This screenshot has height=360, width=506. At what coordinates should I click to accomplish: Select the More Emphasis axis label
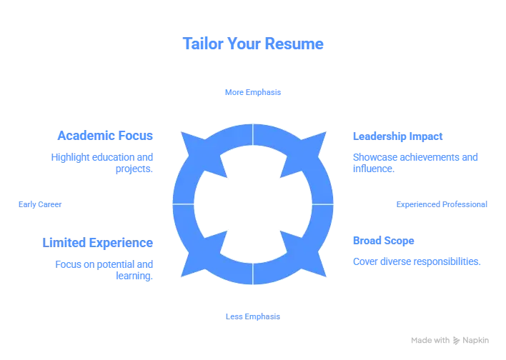(x=254, y=92)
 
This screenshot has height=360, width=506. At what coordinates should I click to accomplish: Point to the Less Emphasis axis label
(x=252, y=315)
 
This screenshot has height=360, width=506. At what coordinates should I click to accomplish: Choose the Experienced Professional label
(x=442, y=205)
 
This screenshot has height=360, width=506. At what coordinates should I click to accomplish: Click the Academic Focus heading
(x=106, y=136)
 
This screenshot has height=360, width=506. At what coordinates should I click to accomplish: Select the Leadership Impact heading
(x=397, y=136)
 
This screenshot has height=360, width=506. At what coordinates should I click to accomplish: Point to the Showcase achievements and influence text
(x=415, y=163)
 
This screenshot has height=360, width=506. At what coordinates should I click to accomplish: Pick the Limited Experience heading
(x=97, y=243)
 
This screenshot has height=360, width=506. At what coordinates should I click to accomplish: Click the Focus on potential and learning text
(x=103, y=269)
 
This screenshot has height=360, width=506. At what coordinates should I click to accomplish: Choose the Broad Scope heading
(x=383, y=241)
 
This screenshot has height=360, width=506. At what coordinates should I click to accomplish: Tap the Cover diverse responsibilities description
(x=417, y=262)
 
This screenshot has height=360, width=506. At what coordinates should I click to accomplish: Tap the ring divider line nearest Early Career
(x=183, y=204)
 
